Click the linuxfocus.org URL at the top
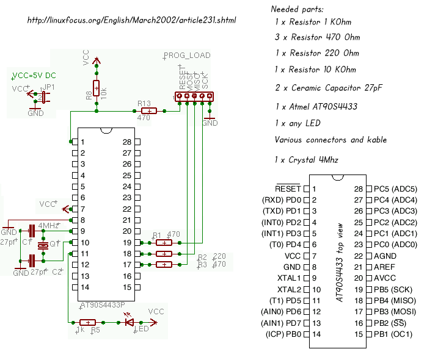click(x=131, y=20)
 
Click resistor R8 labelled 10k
click(x=97, y=89)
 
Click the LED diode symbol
click(x=130, y=322)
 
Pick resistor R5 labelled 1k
click(x=88, y=322)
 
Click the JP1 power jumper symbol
click(x=42, y=96)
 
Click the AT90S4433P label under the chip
click(x=102, y=303)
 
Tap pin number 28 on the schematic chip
click(x=127, y=142)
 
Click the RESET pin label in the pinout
click(x=288, y=189)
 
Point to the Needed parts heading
click(x=297, y=10)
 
